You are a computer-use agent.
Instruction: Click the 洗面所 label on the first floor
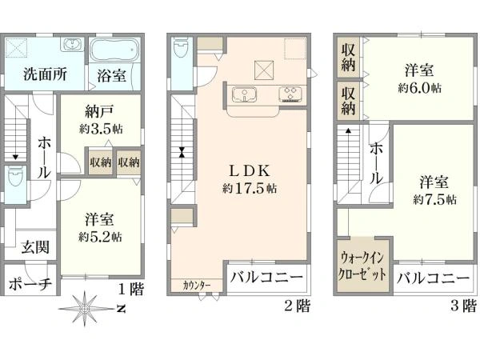click(45, 74)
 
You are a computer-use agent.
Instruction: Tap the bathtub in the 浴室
click(115, 50)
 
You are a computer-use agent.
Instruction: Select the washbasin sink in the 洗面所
click(73, 45)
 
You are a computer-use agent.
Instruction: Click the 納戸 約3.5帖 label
click(101, 120)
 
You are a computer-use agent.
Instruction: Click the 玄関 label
click(35, 247)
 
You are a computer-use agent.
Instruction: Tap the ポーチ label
click(30, 283)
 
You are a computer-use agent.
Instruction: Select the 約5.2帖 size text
click(100, 237)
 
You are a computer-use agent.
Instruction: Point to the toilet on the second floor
click(182, 49)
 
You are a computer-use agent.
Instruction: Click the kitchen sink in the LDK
click(244, 94)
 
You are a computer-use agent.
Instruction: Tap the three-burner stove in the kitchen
click(291, 94)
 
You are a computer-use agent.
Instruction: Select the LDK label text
click(250, 171)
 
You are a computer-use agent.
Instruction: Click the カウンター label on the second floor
click(197, 286)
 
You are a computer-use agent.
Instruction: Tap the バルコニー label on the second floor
click(266, 278)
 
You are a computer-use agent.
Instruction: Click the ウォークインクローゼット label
click(362, 266)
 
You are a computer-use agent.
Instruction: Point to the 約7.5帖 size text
click(434, 199)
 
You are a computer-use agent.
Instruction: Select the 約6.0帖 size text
click(419, 88)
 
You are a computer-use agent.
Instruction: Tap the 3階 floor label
click(463, 306)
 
